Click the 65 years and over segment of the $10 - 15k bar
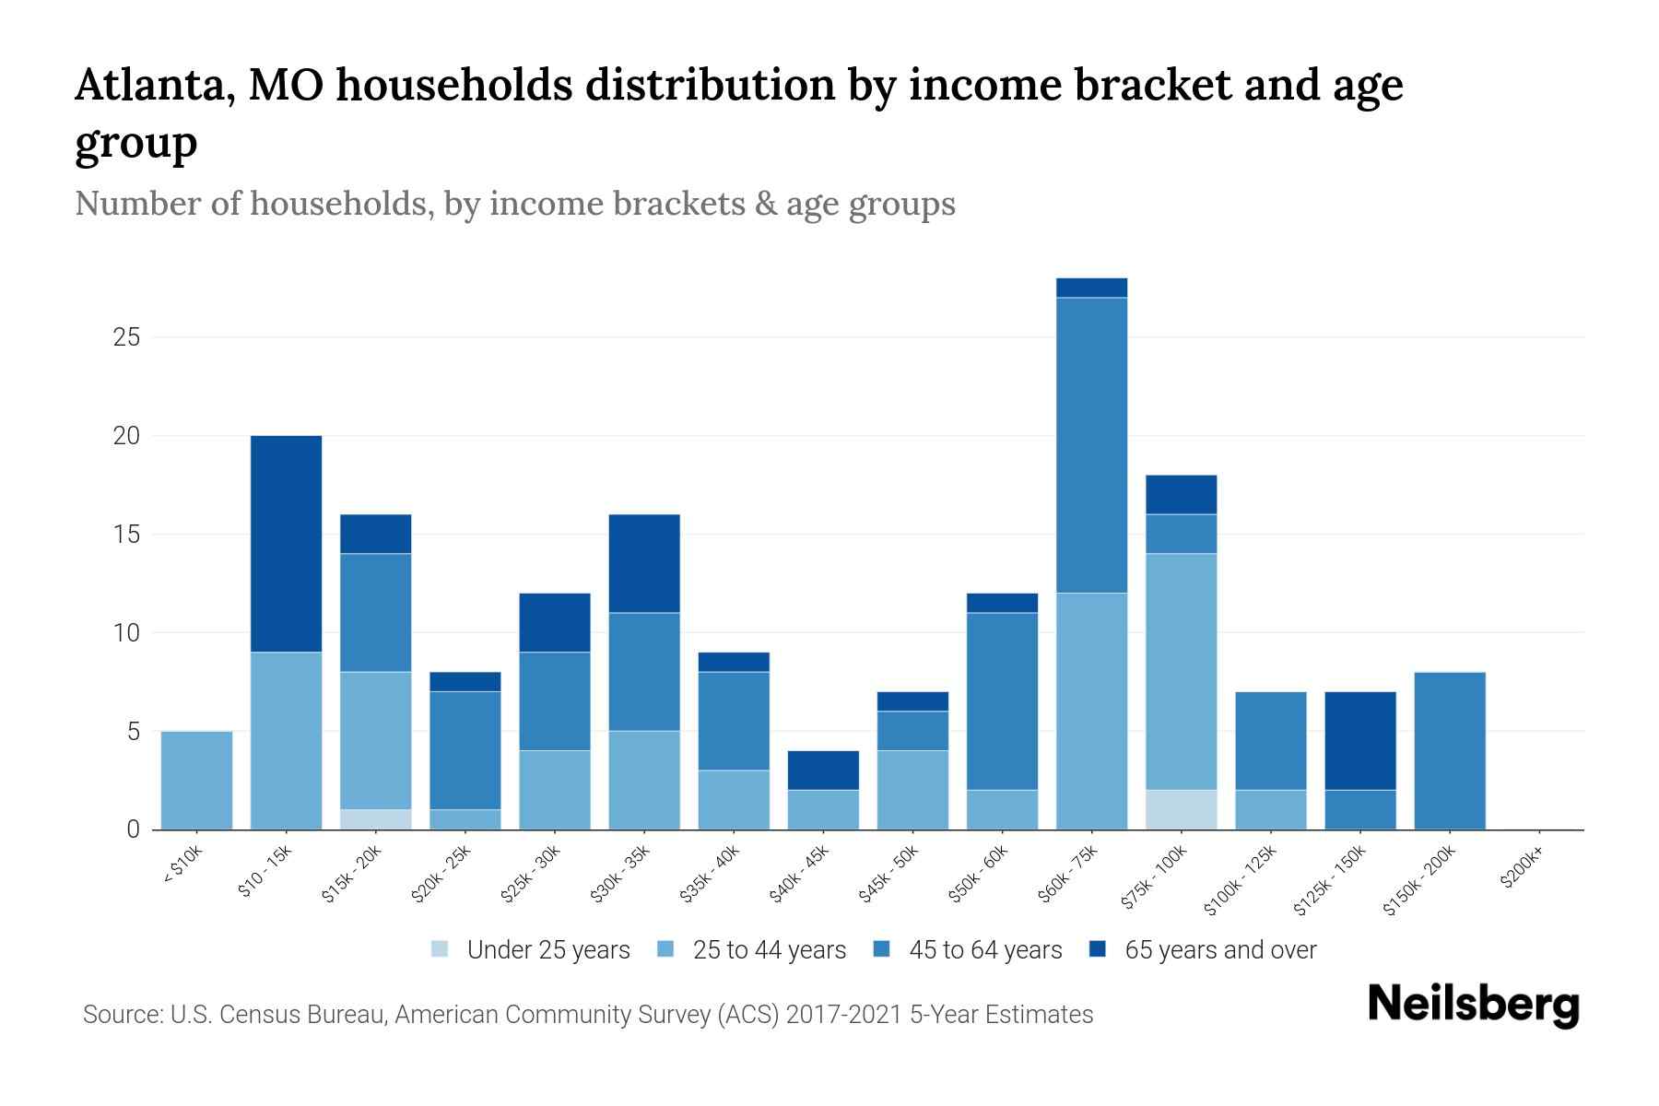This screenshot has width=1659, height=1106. tap(286, 544)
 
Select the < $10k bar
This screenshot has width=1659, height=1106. tap(196, 780)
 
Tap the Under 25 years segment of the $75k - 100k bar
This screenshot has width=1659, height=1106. tap(1181, 809)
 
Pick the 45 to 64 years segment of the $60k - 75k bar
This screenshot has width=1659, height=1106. tap(1091, 445)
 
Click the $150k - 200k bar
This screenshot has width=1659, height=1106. tap(1450, 751)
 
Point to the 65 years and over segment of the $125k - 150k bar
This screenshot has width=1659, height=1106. tap(1359, 741)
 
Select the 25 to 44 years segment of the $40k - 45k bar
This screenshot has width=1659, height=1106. tap(823, 809)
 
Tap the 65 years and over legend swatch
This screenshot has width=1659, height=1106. tap(1097, 949)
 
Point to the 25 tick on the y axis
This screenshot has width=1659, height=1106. tap(127, 337)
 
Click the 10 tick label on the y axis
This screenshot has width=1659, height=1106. tap(127, 633)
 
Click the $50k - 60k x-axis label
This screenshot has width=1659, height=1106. tap(979, 875)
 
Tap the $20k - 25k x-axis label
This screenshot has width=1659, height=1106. tap(441, 875)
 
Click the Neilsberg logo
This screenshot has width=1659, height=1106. tap(1473, 1006)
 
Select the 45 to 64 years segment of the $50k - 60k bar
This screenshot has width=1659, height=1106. tap(1002, 701)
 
